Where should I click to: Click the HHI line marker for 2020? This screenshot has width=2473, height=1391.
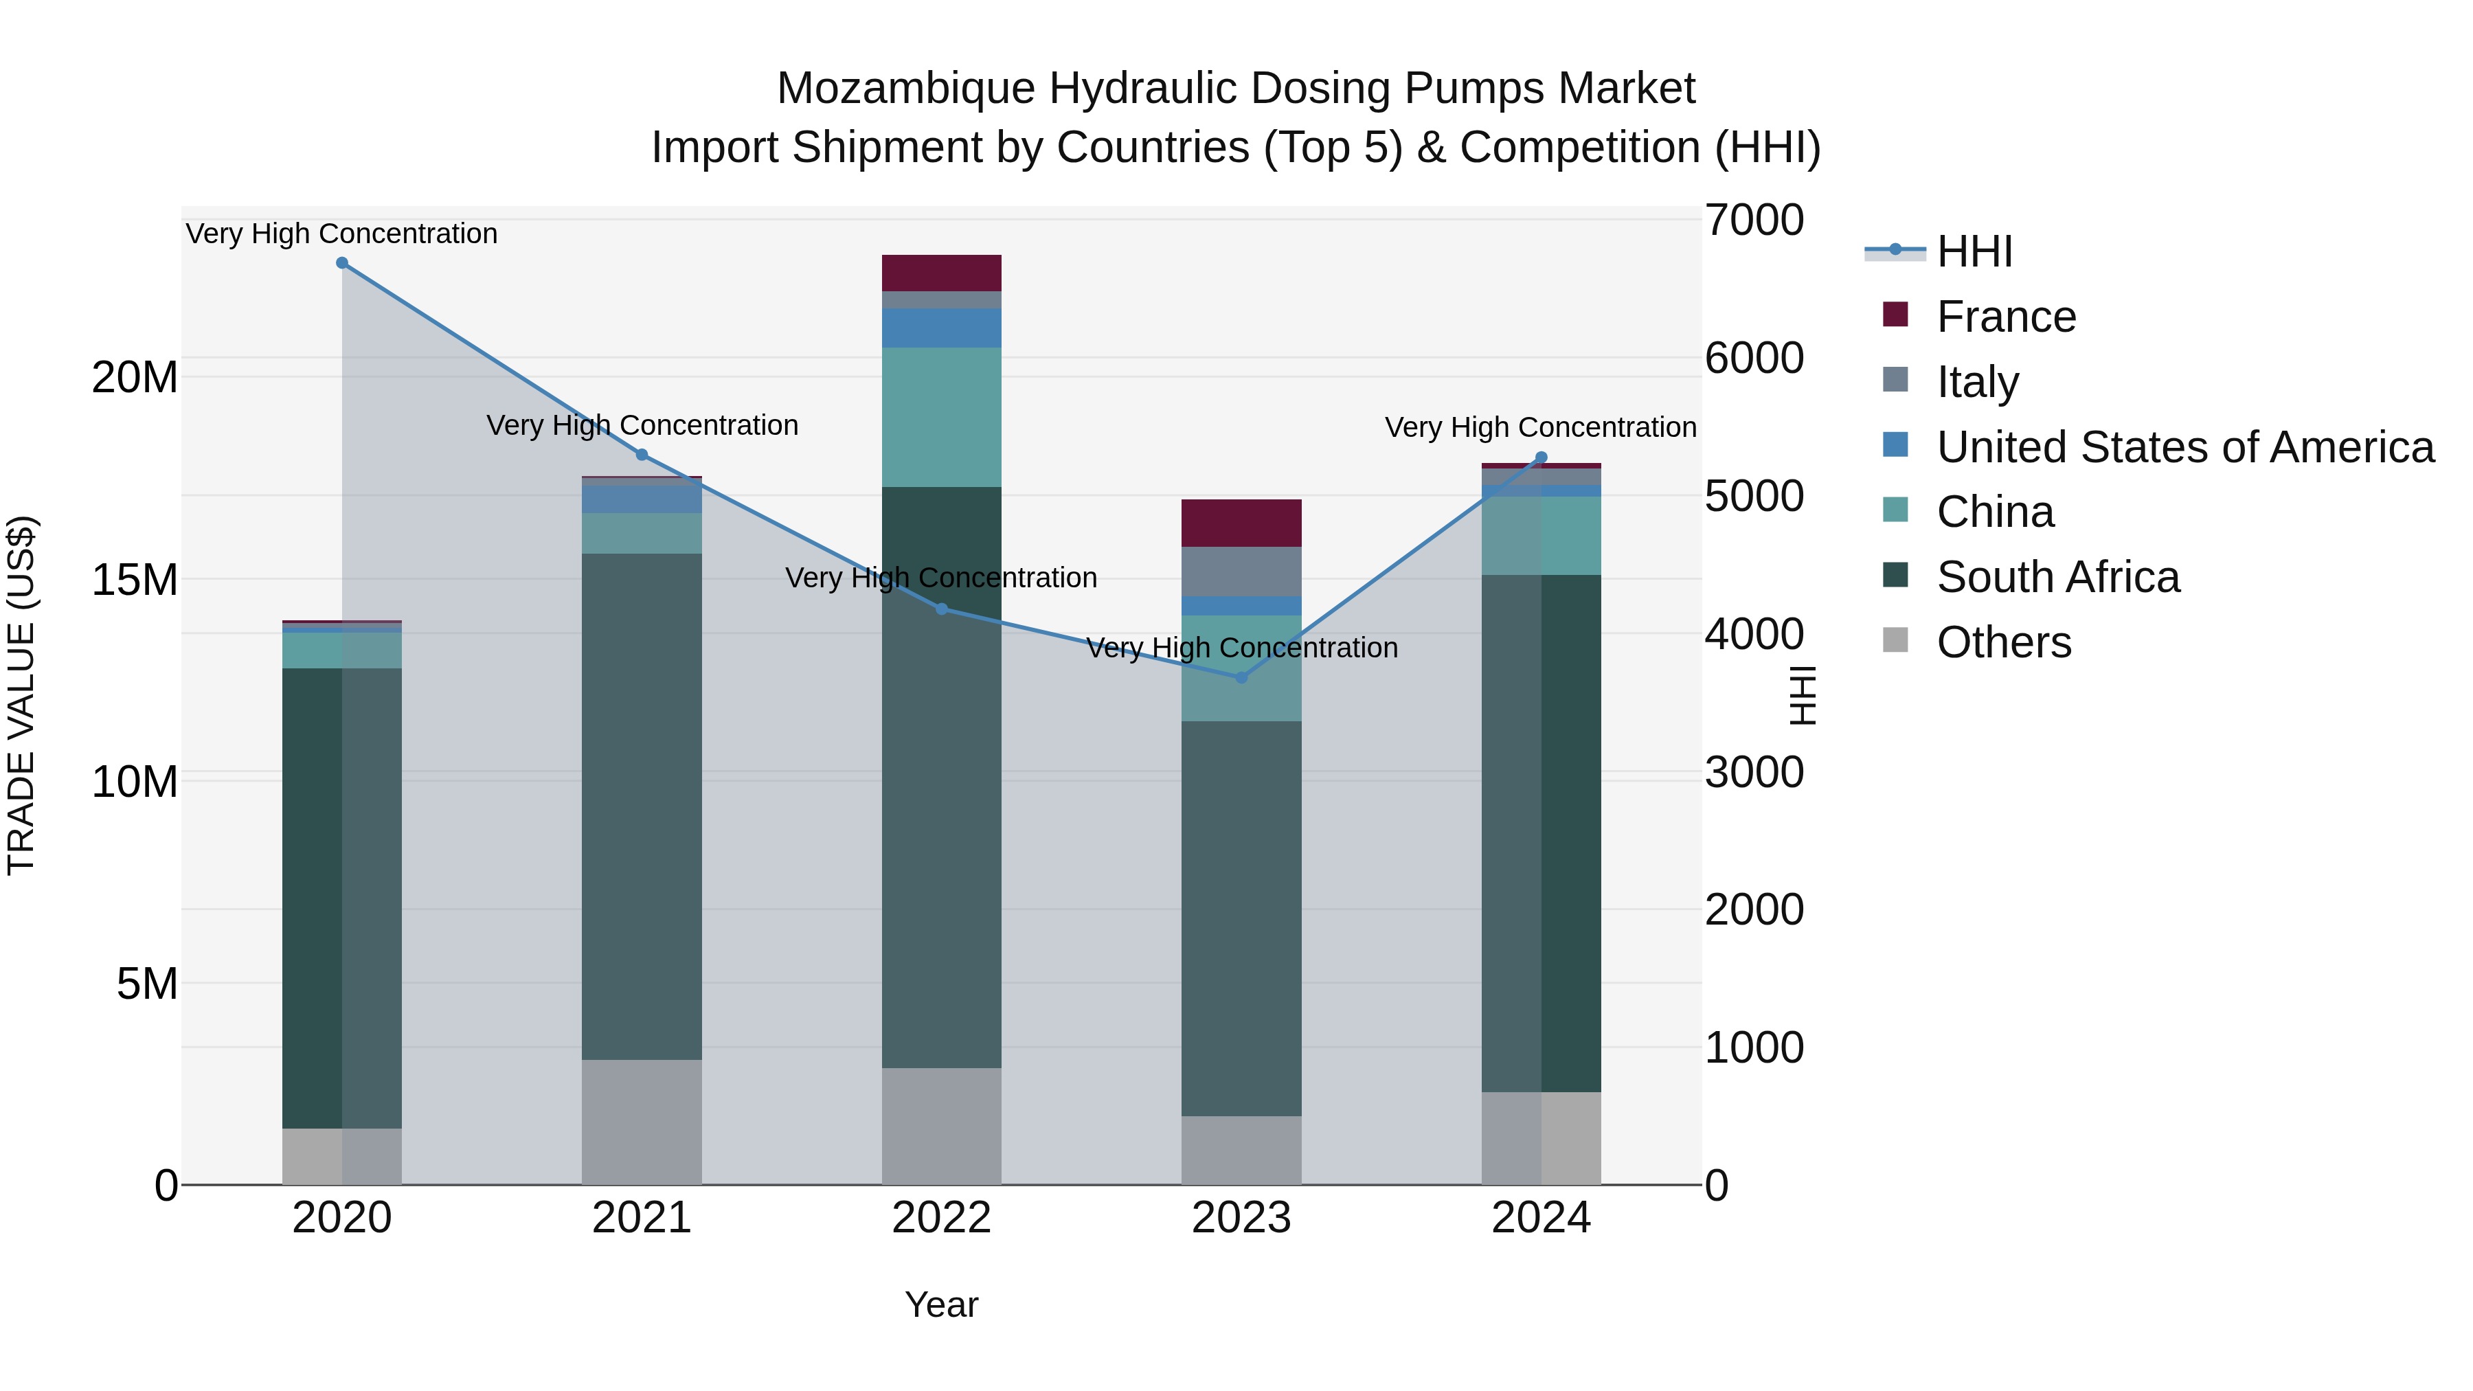[x=342, y=263]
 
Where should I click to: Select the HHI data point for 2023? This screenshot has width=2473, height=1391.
[x=1241, y=678]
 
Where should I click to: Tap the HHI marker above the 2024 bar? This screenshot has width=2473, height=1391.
[x=1541, y=458]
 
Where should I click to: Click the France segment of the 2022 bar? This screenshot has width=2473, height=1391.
[x=941, y=273]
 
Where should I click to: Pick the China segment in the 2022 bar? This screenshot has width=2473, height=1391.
[x=941, y=417]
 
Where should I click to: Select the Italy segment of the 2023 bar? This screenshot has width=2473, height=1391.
[x=1241, y=572]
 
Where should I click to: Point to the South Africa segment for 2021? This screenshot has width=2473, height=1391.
[x=642, y=806]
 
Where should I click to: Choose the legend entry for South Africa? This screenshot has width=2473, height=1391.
[x=2057, y=577]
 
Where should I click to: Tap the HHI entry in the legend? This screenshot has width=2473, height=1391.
[x=1974, y=251]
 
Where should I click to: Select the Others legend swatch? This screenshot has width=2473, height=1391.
[x=1895, y=640]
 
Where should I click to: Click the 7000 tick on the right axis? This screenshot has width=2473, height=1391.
[x=1754, y=220]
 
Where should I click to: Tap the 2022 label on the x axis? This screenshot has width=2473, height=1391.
[x=941, y=1218]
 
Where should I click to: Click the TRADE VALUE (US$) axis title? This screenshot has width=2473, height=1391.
[x=21, y=695]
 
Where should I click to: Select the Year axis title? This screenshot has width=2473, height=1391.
[x=941, y=1304]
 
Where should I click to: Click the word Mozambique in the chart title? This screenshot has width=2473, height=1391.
[x=905, y=89]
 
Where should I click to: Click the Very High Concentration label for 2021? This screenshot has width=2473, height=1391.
[x=642, y=425]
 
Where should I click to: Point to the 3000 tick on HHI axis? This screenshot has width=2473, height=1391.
[x=1754, y=773]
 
